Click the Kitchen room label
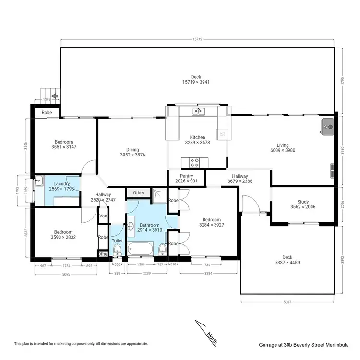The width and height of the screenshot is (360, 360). tap(197, 137)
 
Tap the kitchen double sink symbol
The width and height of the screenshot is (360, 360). tap(197, 112)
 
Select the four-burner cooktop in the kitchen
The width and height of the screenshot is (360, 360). tap(195, 162)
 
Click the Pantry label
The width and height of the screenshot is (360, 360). tap(186, 176)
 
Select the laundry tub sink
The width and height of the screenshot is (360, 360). tap(38, 181)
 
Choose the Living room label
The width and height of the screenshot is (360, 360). tap(283, 145)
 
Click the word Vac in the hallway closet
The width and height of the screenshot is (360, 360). tap(103, 216)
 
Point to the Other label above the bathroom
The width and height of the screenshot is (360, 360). tap(139, 193)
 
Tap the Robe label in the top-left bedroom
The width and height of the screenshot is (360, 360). tap(47, 112)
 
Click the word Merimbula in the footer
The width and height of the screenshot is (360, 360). tap(332, 344)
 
